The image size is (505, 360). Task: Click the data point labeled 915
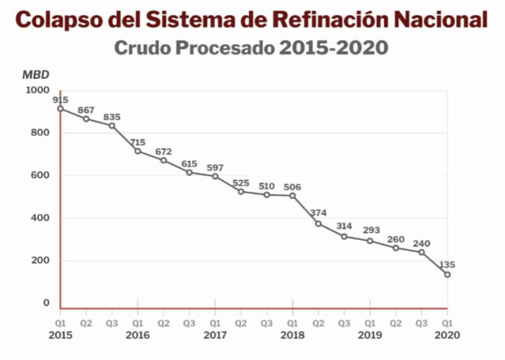click(x=60, y=108)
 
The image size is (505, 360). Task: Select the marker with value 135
click(x=447, y=275)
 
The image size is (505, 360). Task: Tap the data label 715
click(x=137, y=142)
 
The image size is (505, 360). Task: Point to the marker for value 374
click(x=318, y=223)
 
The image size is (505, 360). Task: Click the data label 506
click(x=293, y=187)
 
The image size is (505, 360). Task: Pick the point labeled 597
click(x=215, y=176)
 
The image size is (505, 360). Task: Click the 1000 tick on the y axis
click(x=37, y=90)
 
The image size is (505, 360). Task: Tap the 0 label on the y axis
click(x=46, y=303)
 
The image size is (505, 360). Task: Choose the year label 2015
click(x=60, y=334)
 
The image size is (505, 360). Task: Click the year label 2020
click(x=447, y=334)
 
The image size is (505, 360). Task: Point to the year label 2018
click(x=293, y=334)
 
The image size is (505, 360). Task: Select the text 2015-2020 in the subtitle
click(x=333, y=48)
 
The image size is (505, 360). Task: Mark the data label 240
click(x=421, y=244)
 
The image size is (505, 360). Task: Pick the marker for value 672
click(x=164, y=160)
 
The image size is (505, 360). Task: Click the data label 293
click(x=370, y=231)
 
